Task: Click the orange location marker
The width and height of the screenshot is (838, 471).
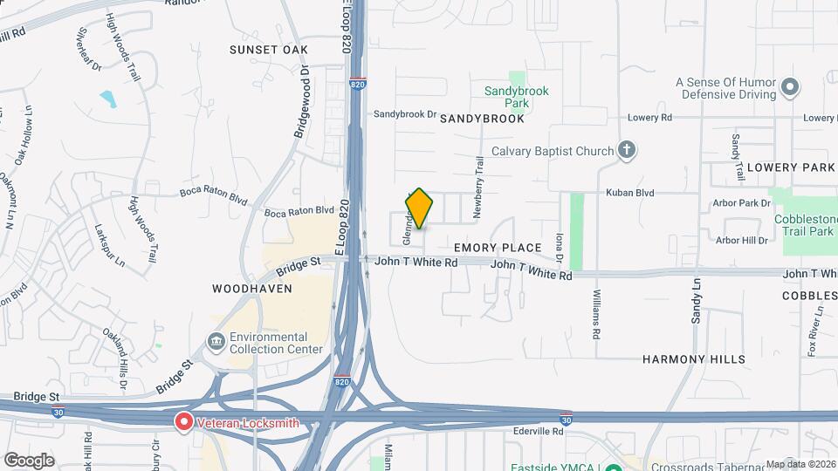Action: click(420, 208)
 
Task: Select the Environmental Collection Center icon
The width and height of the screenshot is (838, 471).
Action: click(216, 339)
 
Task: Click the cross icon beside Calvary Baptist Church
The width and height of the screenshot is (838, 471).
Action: click(627, 150)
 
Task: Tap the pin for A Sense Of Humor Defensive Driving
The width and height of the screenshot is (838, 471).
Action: click(791, 86)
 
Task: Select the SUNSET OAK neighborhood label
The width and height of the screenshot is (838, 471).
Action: click(269, 50)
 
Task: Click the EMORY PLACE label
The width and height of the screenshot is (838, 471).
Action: click(498, 248)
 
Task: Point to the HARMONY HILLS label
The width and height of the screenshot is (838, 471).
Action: click(694, 358)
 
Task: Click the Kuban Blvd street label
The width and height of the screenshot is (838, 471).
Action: click(631, 193)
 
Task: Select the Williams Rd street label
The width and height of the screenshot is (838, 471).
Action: click(597, 315)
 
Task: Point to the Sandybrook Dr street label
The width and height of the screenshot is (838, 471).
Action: click(405, 114)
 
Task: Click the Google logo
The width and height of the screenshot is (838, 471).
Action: click(29, 461)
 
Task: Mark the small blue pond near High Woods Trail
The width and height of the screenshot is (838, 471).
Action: click(108, 98)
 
